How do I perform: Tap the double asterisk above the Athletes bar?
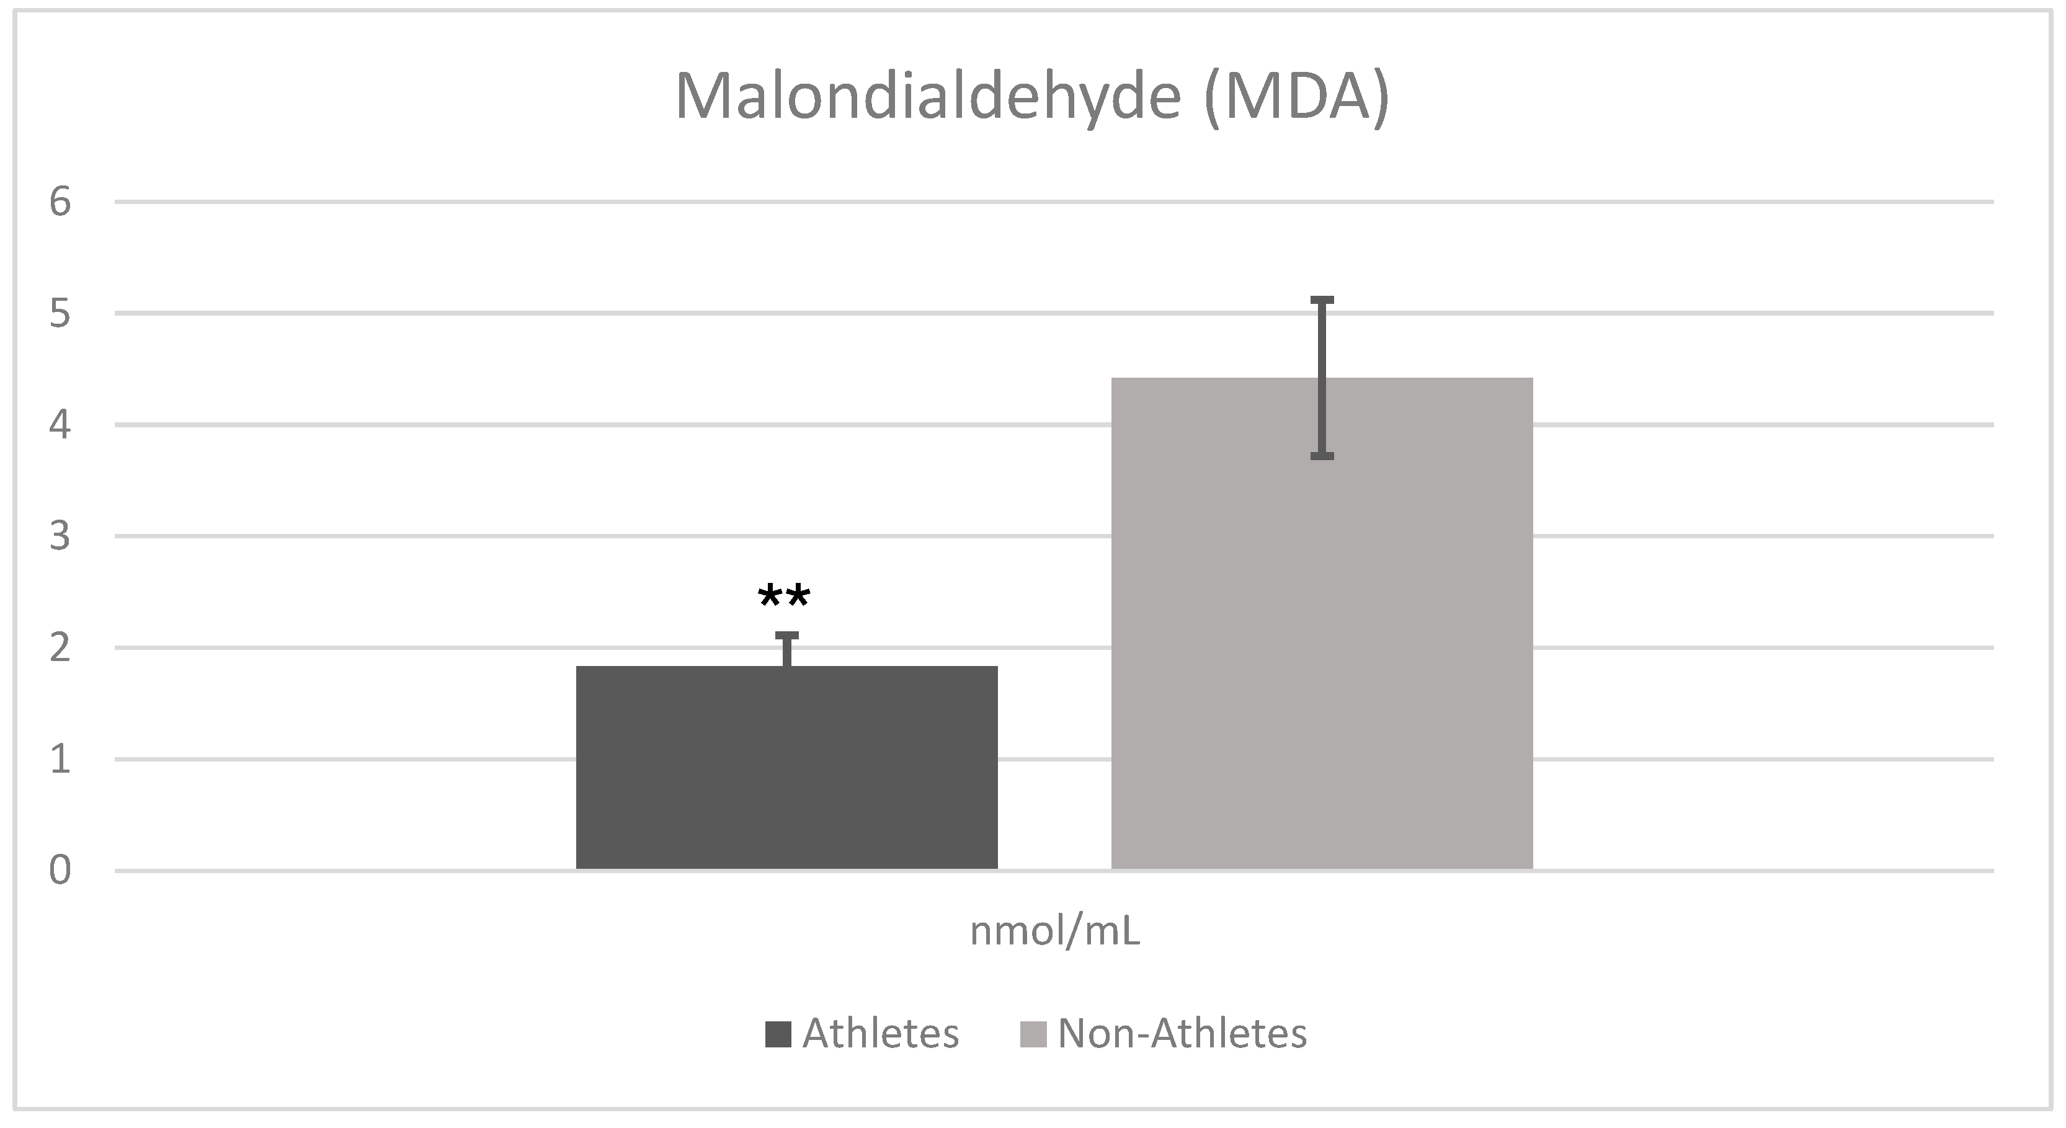click(783, 597)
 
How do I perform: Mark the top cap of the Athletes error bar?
click(787, 636)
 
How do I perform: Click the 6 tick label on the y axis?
click(60, 202)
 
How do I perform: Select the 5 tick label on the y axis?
click(60, 313)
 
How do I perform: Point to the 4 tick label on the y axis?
click(60, 425)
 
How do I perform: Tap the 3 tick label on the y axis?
click(60, 536)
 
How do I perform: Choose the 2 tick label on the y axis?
click(60, 648)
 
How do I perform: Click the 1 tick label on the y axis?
click(60, 759)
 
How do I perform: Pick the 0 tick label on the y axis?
click(60, 871)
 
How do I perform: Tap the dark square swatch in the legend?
click(778, 1034)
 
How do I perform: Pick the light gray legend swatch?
click(1033, 1034)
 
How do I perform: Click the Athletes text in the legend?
click(881, 1034)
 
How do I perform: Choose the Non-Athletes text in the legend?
click(1182, 1034)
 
